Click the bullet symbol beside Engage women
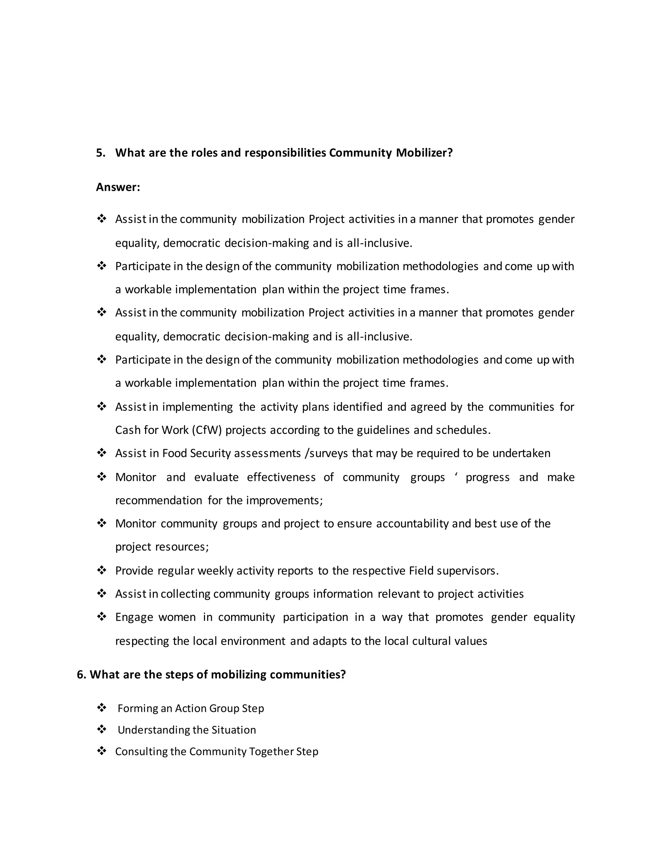(102, 617)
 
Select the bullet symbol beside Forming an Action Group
(102, 708)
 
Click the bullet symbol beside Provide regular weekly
(102, 570)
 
